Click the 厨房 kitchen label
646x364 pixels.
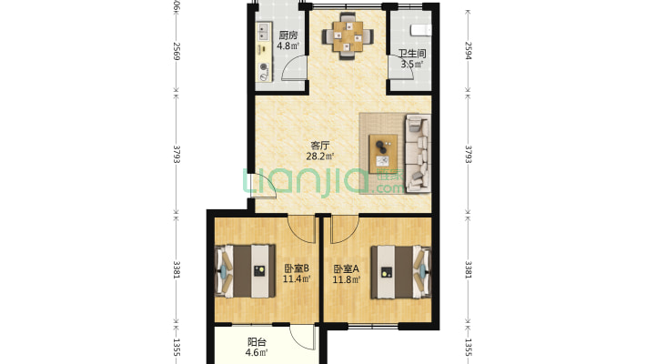click(288, 35)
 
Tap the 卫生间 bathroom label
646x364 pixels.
click(411, 54)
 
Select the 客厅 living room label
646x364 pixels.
click(319, 146)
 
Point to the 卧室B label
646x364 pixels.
click(297, 268)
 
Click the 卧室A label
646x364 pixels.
click(346, 269)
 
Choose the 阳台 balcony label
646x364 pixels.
click(257, 342)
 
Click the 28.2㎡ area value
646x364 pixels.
click(320, 157)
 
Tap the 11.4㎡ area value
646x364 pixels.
click(297, 279)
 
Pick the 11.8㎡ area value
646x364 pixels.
click(347, 280)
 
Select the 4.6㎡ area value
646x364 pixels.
click(257, 352)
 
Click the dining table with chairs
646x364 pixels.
click(348, 36)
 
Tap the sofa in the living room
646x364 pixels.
click(419, 154)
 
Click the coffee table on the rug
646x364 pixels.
click(383, 154)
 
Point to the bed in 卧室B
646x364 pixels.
click(245, 271)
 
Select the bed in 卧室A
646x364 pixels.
click(401, 272)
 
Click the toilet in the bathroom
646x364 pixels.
click(421, 30)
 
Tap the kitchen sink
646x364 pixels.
click(263, 32)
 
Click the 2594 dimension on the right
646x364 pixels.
click(468, 51)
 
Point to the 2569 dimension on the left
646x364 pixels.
click(177, 51)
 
